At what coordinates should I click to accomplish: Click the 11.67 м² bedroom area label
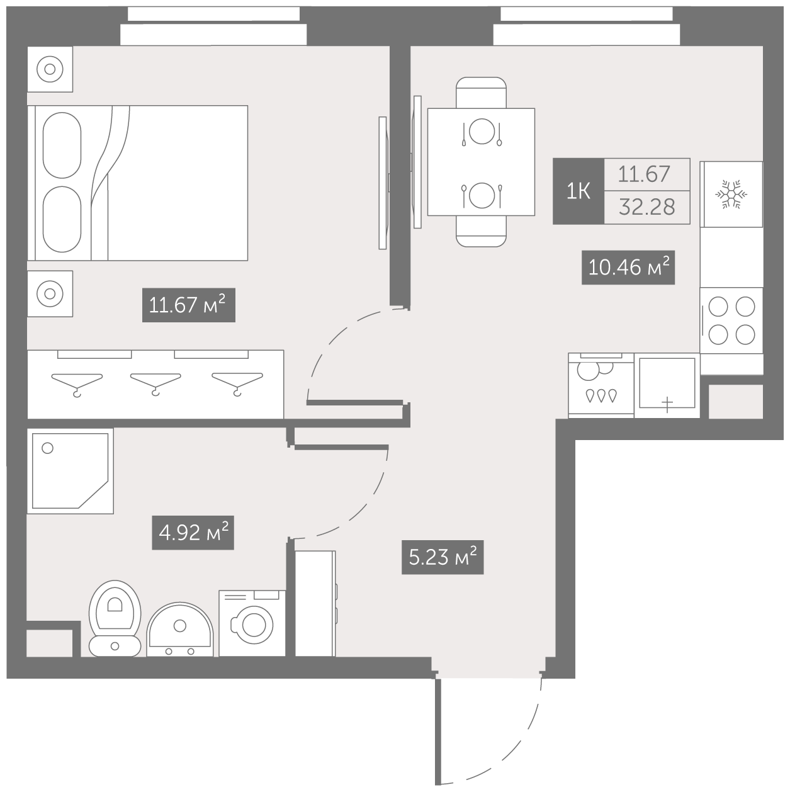(x=189, y=305)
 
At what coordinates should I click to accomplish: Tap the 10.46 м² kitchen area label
(x=628, y=268)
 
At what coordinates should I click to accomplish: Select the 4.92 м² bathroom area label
(x=193, y=533)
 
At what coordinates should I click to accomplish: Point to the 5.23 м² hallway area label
(x=443, y=557)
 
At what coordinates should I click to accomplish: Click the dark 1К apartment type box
(x=578, y=191)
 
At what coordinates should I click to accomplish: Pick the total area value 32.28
(x=647, y=207)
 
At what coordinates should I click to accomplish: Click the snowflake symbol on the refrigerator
(x=731, y=194)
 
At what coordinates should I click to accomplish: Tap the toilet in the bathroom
(x=115, y=619)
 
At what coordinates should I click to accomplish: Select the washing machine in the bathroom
(x=252, y=623)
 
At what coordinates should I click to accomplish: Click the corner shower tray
(x=71, y=470)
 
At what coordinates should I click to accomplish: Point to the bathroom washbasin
(x=180, y=630)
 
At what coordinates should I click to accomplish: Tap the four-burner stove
(x=731, y=320)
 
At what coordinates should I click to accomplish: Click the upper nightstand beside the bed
(x=50, y=69)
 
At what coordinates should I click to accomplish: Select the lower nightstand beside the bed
(x=50, y=294)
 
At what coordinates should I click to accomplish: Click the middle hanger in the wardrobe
(x=155, y=383)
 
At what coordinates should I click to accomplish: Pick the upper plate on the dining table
(x=482, y=131)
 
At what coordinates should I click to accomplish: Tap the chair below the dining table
(x=482, y=231)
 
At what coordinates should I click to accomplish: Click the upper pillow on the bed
(x=62, y=145)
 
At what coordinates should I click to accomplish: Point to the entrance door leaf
(x=438, y=732)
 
